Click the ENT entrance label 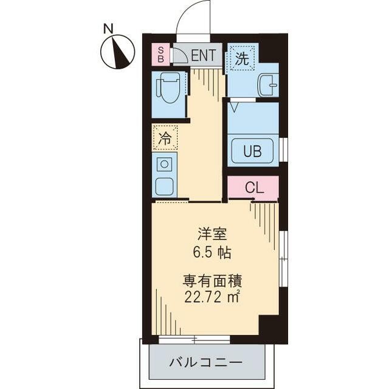point(204,55)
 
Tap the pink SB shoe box point(160,55)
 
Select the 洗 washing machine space point(242,58)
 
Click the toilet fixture point(168,88)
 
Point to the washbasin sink point(268,85)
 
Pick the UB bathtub point(253,151)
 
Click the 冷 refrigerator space point(165,138)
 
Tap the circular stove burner point(164,164)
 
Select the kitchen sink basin point(165,187)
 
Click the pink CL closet point(253,188)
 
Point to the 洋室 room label point(212,235)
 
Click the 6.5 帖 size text point(212,253)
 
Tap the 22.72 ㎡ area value point(212,297)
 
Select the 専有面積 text point(212,281)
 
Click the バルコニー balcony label point(205,363)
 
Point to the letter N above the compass point(108,29)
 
